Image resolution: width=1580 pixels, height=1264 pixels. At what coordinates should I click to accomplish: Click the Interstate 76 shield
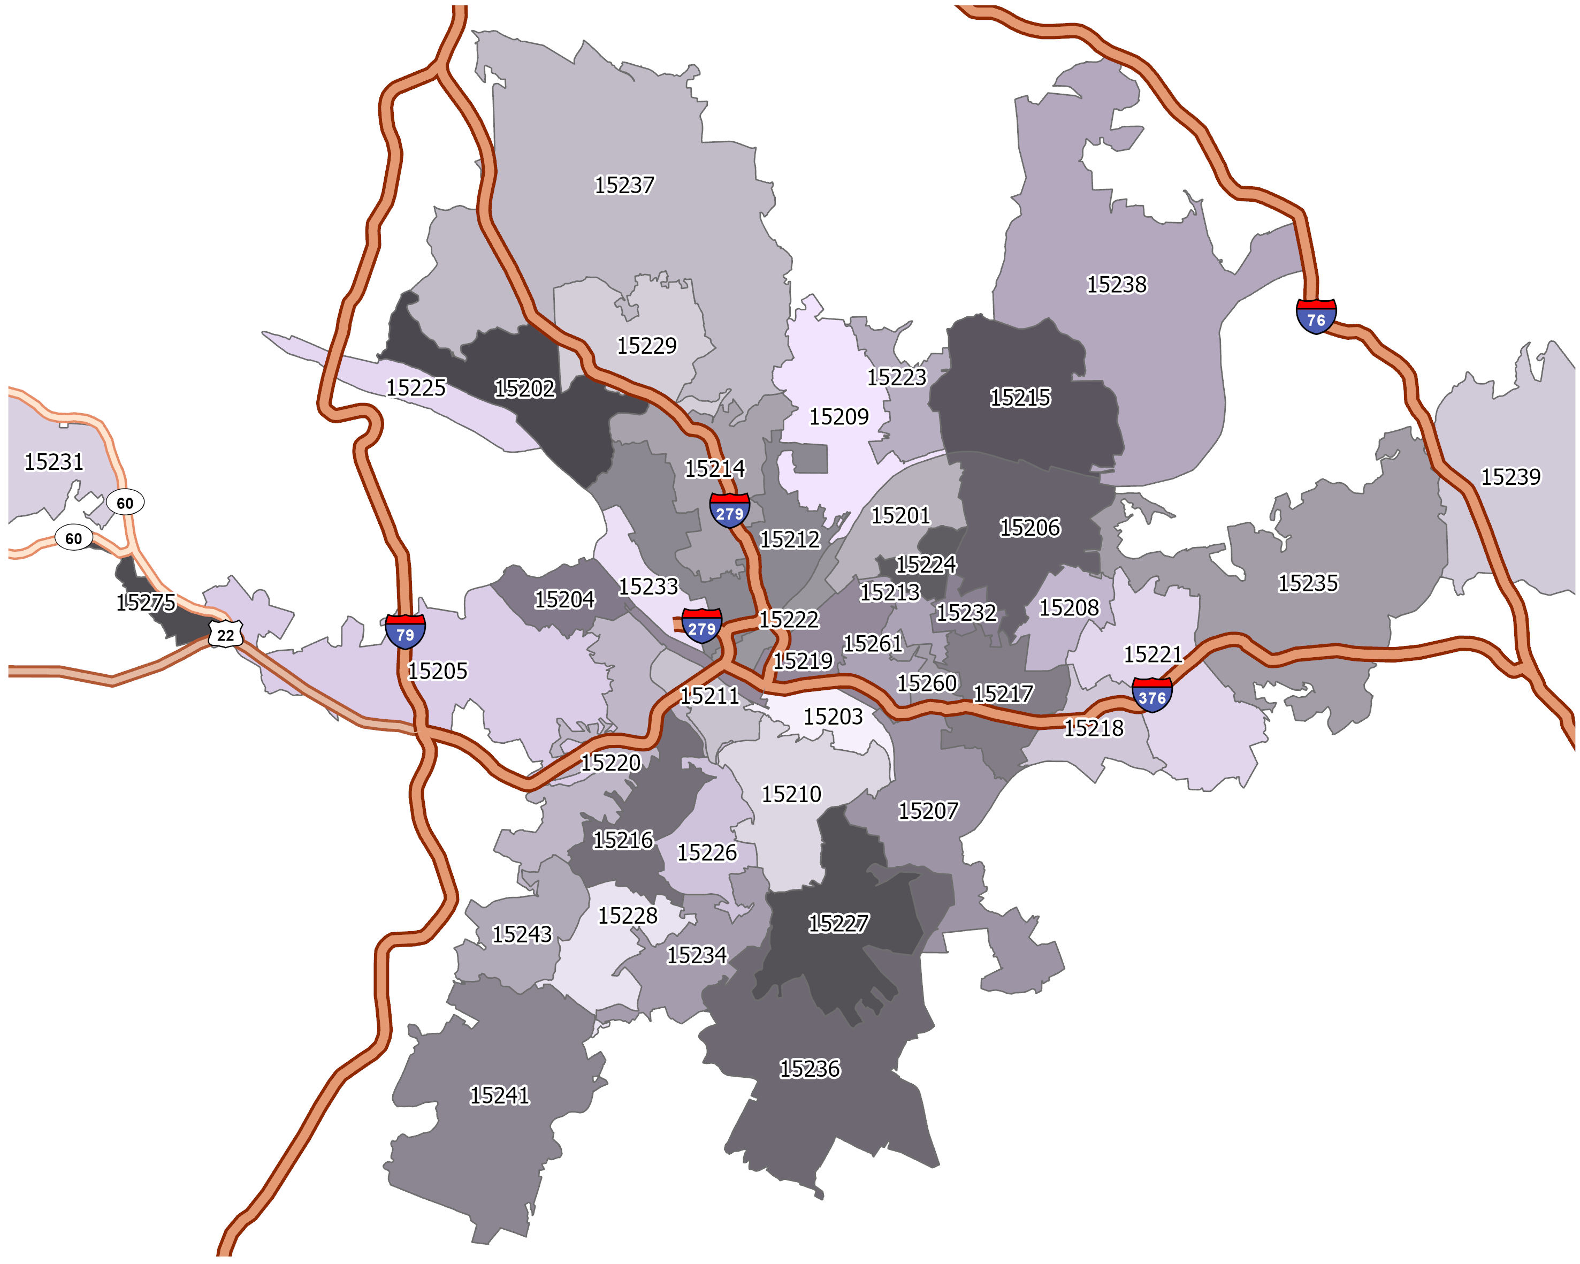click(x=1316, y=317)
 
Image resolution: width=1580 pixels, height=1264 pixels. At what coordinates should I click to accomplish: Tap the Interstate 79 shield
click(x=405, y=631)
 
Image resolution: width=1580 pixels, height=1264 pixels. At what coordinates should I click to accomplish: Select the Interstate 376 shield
click(x=1152, y=695)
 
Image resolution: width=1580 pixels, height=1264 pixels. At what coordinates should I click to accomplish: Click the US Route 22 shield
click(x=225, y=635)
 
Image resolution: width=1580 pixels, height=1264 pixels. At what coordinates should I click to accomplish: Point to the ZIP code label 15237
click(x=624, y=185)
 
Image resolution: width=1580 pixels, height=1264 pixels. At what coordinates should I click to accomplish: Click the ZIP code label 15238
click(x=1116, y=284)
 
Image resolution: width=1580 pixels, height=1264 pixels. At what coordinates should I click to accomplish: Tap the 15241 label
click(x=499, y=1095)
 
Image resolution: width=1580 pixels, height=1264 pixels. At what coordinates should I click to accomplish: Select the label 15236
click(x=809, y=1068)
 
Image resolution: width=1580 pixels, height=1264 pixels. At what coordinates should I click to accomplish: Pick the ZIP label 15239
click(x=1510, y=477)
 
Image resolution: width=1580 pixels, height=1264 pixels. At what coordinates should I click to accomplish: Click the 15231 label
click(x=54, y=462)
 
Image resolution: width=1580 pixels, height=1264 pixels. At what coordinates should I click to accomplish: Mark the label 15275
click(x=146, y=603)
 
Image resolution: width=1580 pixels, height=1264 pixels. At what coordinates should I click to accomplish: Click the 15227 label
click(x=838, y=923)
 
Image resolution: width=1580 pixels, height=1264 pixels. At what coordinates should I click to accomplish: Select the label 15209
click(x=838, y=416)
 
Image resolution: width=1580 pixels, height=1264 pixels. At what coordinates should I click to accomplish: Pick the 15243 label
click(x=522, y=934)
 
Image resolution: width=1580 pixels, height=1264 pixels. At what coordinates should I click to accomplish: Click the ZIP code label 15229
click(x=646, y=345)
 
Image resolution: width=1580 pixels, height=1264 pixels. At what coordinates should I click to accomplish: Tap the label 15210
click(x=791, y=794)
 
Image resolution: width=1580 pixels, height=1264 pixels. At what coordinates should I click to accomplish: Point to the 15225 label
click(x=416, y=387)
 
